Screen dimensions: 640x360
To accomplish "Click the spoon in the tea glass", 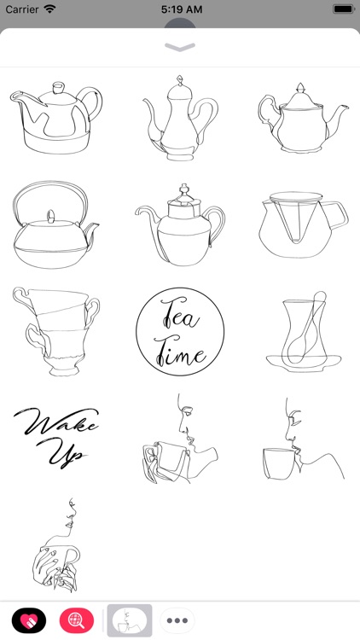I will [304, 329].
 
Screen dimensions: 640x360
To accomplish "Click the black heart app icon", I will [29, 620].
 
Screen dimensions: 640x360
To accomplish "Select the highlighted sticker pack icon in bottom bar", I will [129, 620].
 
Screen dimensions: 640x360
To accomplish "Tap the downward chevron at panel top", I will [180, 48].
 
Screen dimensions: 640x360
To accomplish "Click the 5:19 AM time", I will [180, 9].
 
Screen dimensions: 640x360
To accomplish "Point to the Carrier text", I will [22, 9].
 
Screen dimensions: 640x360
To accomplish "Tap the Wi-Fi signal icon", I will [50, 9].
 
